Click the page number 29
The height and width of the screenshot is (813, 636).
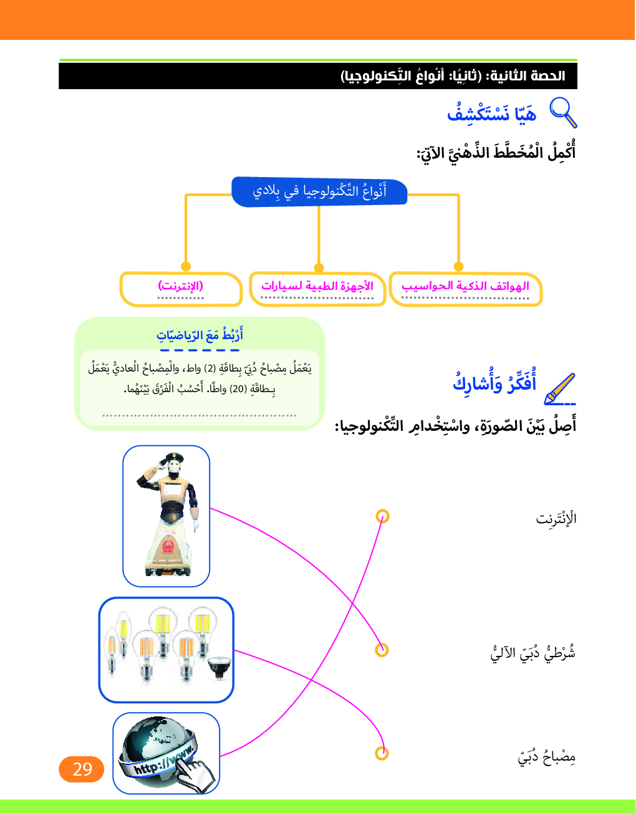82,769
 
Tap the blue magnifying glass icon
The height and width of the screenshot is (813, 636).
562,112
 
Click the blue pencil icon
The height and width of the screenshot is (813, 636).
559,388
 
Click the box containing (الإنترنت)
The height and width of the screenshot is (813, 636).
181,289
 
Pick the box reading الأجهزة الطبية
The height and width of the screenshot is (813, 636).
317,289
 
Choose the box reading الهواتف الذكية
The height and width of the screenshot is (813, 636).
465,289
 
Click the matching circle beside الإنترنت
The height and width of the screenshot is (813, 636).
383,516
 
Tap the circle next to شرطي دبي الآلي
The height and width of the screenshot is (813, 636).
382,650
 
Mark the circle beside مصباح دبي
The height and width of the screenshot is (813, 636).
382,753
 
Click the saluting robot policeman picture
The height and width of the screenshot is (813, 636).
166,516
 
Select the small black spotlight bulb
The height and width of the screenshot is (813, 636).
219,668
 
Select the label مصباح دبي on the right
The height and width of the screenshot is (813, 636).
546,757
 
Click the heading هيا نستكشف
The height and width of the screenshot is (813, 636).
491,113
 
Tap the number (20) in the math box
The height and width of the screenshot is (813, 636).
238,389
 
